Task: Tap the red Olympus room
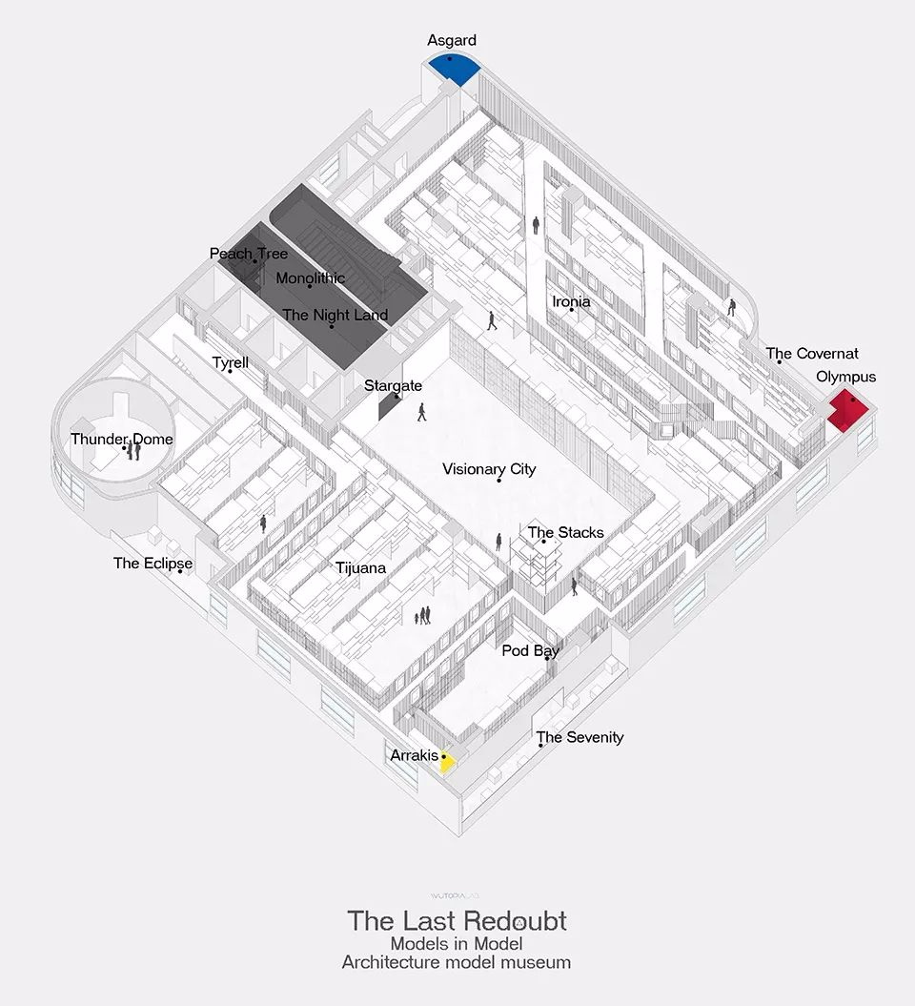(847, 411)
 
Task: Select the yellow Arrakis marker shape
(447, 762)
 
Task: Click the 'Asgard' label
(452, 40)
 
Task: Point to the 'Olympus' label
(845, 377)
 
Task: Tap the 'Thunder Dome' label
(122, 439)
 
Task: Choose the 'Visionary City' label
(489, 469)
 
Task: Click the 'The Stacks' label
(565, 532)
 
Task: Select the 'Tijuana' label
(360, 567)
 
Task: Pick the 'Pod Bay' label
(530, 650)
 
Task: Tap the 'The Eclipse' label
(152, 564)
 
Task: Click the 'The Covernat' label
(812, 354)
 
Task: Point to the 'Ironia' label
(571, 301)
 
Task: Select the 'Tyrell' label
(231, 362)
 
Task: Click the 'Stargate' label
(393, 385)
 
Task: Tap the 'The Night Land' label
(335, 315)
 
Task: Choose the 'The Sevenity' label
(579, 737)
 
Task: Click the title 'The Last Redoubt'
(457, 921)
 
